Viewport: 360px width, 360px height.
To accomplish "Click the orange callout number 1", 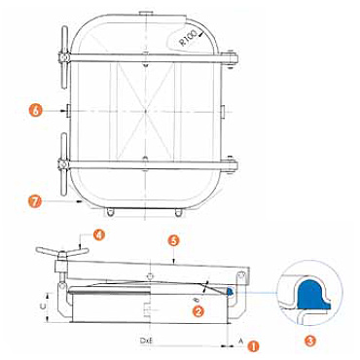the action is click(x=253, y=346).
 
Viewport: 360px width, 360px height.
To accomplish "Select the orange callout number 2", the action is click(x=198, y=311).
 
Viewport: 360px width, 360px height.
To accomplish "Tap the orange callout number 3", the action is click(x=310, y=341).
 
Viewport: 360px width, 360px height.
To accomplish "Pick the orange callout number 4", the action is click(x=99, y=234).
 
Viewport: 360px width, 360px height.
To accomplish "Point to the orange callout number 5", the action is click(x=174, y=241).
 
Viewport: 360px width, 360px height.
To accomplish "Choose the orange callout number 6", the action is click(x=36, y=111).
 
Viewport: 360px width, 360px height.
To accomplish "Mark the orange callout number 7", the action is click(x=35, y=201).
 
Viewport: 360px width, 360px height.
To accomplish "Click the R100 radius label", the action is click(x=188, y=38).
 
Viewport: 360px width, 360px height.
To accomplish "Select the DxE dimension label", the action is click(x=147, y=341).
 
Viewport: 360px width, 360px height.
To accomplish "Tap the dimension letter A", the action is click(x=240, y=341).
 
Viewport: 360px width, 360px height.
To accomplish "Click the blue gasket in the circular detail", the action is click(x=312, y=295).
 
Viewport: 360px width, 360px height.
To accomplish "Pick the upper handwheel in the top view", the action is click(x=64, y=57).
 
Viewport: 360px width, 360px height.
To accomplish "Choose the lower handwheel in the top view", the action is click(x=64, y=164).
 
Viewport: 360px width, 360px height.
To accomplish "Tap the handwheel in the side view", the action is click(x=62, y=252).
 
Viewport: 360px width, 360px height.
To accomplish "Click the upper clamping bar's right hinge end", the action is click(x=231, y=59).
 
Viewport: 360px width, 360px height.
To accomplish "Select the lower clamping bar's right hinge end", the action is click(x=231, y=165).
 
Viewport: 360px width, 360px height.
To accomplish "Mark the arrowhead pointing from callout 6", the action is click(x=63, y=111).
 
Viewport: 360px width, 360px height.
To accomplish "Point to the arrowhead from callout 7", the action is click(x=79, y=201).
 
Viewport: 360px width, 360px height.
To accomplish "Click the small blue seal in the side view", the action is click(x=230, y=291).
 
